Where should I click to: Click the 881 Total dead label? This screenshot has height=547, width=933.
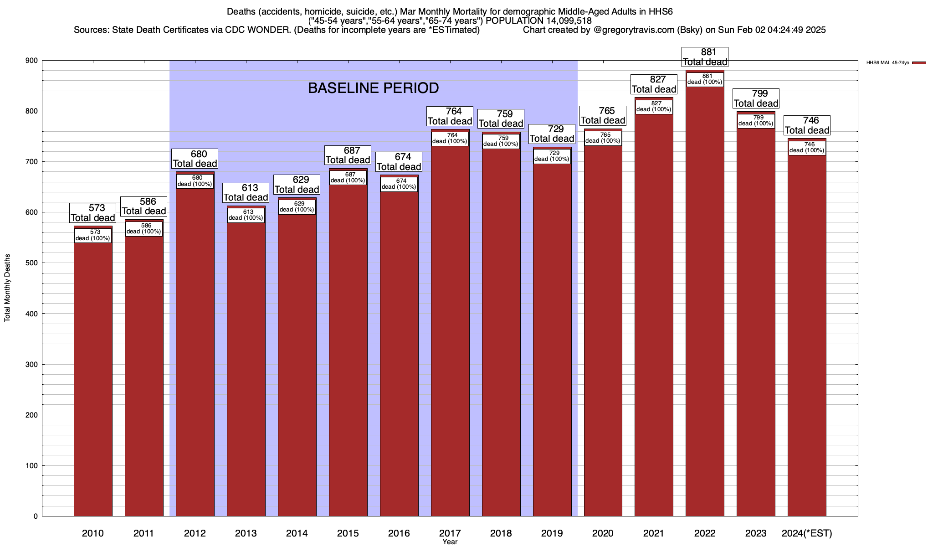click(705, 57)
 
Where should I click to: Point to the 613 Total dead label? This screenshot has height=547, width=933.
click(246, 193)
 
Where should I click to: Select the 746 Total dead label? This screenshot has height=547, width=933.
click(807, 125)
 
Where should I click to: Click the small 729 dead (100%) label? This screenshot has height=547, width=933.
click(552, 156)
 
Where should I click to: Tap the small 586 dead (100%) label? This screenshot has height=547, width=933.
click(144, 228)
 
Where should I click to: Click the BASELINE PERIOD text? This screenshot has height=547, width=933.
click(373, 88)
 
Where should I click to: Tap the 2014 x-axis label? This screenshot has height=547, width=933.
click(297, 533)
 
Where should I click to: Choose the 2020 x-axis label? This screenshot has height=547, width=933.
click(603, 533)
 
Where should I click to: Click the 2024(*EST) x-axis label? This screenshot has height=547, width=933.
click(807, 533)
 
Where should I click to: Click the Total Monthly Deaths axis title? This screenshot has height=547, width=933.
click(7, 288)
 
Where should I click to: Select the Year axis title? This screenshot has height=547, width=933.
click(450, 542)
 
